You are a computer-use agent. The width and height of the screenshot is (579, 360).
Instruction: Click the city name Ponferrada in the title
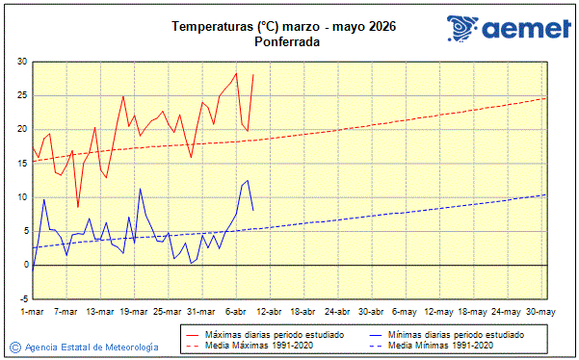(288, 42)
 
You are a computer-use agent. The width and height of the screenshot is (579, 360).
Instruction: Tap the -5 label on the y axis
(21, 298)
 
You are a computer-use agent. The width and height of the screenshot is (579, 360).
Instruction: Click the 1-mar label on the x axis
(33, 312)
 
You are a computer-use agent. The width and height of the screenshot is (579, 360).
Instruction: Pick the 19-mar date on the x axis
(134, 312)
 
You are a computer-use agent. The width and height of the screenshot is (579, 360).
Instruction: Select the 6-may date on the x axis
(405, 312)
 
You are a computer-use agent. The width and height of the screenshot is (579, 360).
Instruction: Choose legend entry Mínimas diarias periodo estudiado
(456, 334)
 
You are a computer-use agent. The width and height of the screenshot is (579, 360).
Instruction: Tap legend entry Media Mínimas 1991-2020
(440, 345)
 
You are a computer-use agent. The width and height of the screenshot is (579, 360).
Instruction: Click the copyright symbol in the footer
(14, 347)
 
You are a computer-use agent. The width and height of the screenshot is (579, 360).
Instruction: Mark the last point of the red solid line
(253, 75)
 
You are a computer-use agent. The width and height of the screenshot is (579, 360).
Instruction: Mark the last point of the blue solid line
(253, 210)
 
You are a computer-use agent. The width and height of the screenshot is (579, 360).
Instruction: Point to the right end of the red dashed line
(545, 98)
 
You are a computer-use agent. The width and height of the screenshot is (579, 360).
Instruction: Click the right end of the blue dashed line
(545, 194)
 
